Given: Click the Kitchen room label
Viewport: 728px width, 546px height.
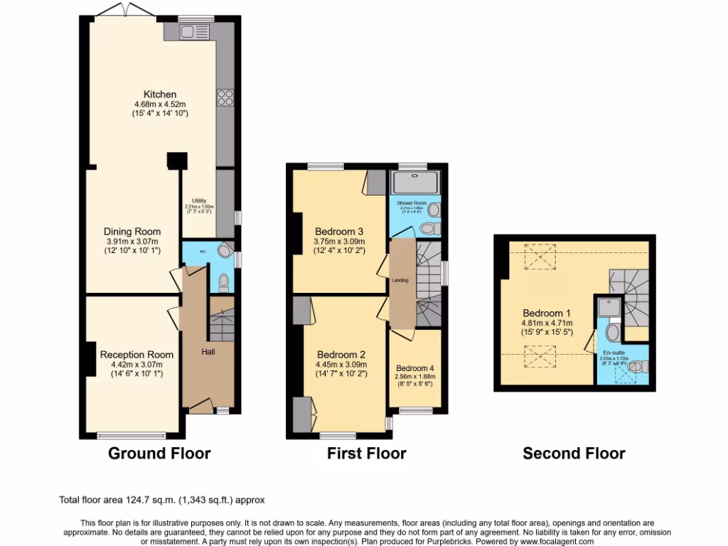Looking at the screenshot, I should click(160, 95).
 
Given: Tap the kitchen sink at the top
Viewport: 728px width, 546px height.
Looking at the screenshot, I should click(189, 32).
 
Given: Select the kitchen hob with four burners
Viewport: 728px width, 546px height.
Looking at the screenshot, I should click(225, 96).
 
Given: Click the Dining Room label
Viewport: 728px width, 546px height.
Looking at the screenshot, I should click(132, 232).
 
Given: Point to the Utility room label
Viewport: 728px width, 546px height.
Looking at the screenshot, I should click(198, 201).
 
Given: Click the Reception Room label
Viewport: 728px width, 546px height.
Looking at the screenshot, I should click(136, 355).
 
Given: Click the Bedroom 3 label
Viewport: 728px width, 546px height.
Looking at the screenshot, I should click(340, 232).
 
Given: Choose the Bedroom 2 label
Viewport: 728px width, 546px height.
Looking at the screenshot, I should click(341, 355).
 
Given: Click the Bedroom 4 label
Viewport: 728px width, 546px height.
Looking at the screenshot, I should click(414, 368).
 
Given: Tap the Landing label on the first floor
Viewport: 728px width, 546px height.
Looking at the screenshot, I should click(400, 280).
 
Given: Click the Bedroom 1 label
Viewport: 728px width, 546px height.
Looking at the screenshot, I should click(547, 313).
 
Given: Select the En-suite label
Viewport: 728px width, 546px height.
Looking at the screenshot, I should click(614, 353).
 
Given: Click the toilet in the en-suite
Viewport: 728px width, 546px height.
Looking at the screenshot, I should click(638, 365).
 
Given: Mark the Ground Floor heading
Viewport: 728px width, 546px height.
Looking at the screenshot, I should click(159, 453).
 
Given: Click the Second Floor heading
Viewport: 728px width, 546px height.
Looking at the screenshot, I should click(574, 453).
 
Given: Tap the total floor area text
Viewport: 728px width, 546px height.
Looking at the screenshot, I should click(162, 500).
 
